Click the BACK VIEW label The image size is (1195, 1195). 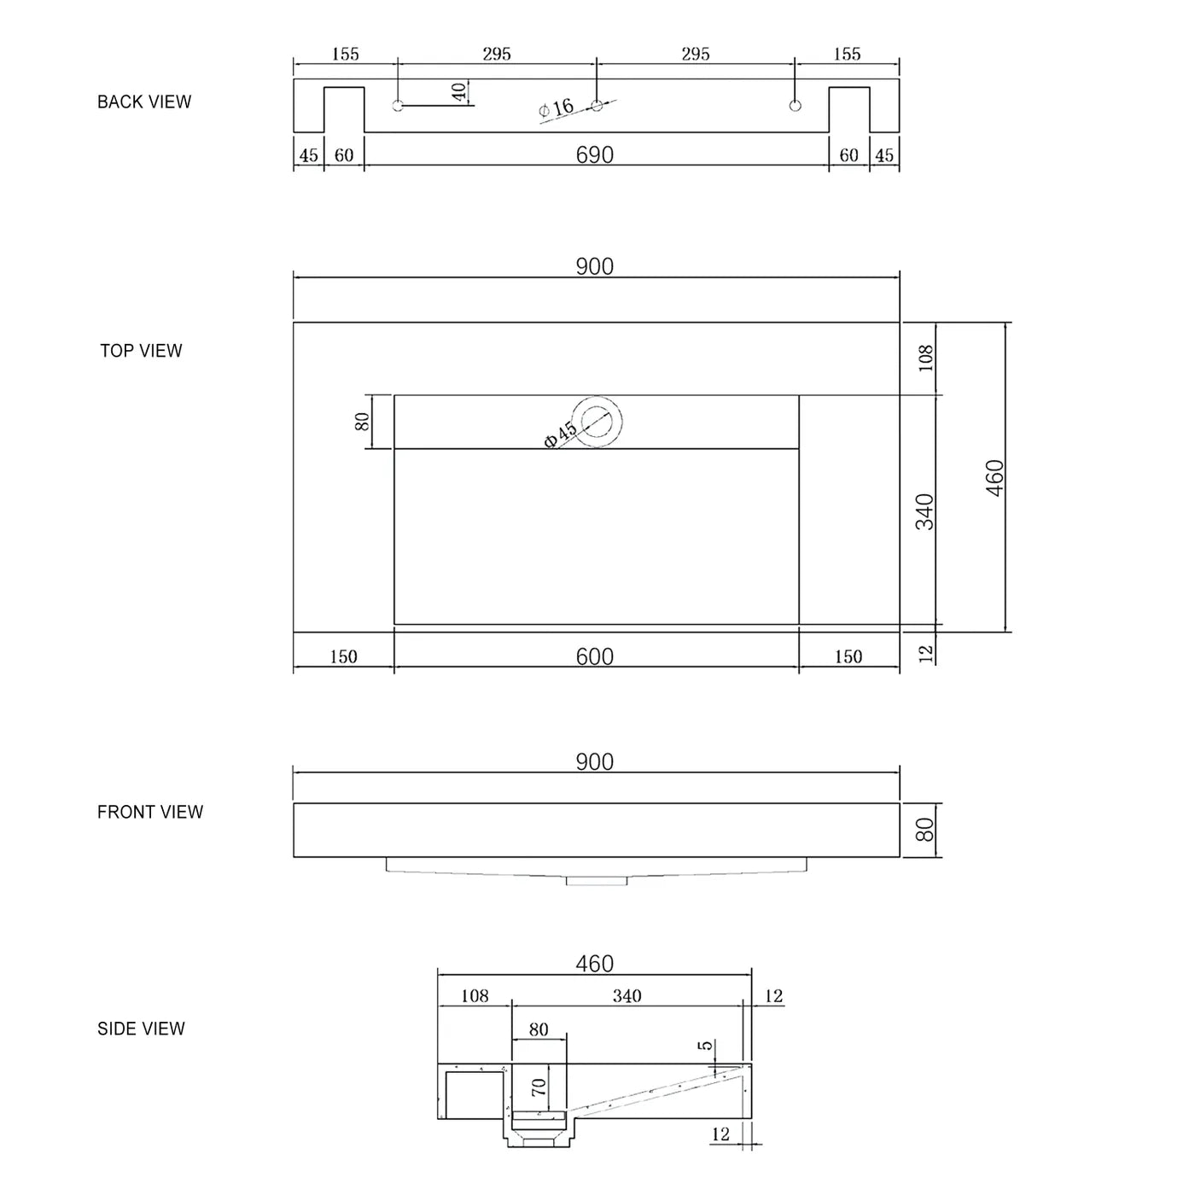(144, 102)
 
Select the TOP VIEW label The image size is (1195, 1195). (141, 351)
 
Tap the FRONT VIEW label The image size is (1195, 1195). (150, 812)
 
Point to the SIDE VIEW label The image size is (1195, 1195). (141, 1029)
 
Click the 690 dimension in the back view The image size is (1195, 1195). (595, 154)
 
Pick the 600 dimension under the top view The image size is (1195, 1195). (595, 656)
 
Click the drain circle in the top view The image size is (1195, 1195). (597, 422)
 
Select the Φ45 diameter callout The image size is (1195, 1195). (560, 434)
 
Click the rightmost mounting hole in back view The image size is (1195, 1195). (796, 106)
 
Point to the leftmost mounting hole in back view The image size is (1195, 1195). (398, 106)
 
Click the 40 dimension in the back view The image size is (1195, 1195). (459, 91)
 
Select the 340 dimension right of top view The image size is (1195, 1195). (925, 511)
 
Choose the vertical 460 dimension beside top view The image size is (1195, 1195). (995, 478)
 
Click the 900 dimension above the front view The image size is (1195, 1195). (595, 761)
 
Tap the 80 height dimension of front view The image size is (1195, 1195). (925, 830)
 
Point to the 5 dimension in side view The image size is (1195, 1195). (705, 1046)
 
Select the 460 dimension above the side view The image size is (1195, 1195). (595, 964)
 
